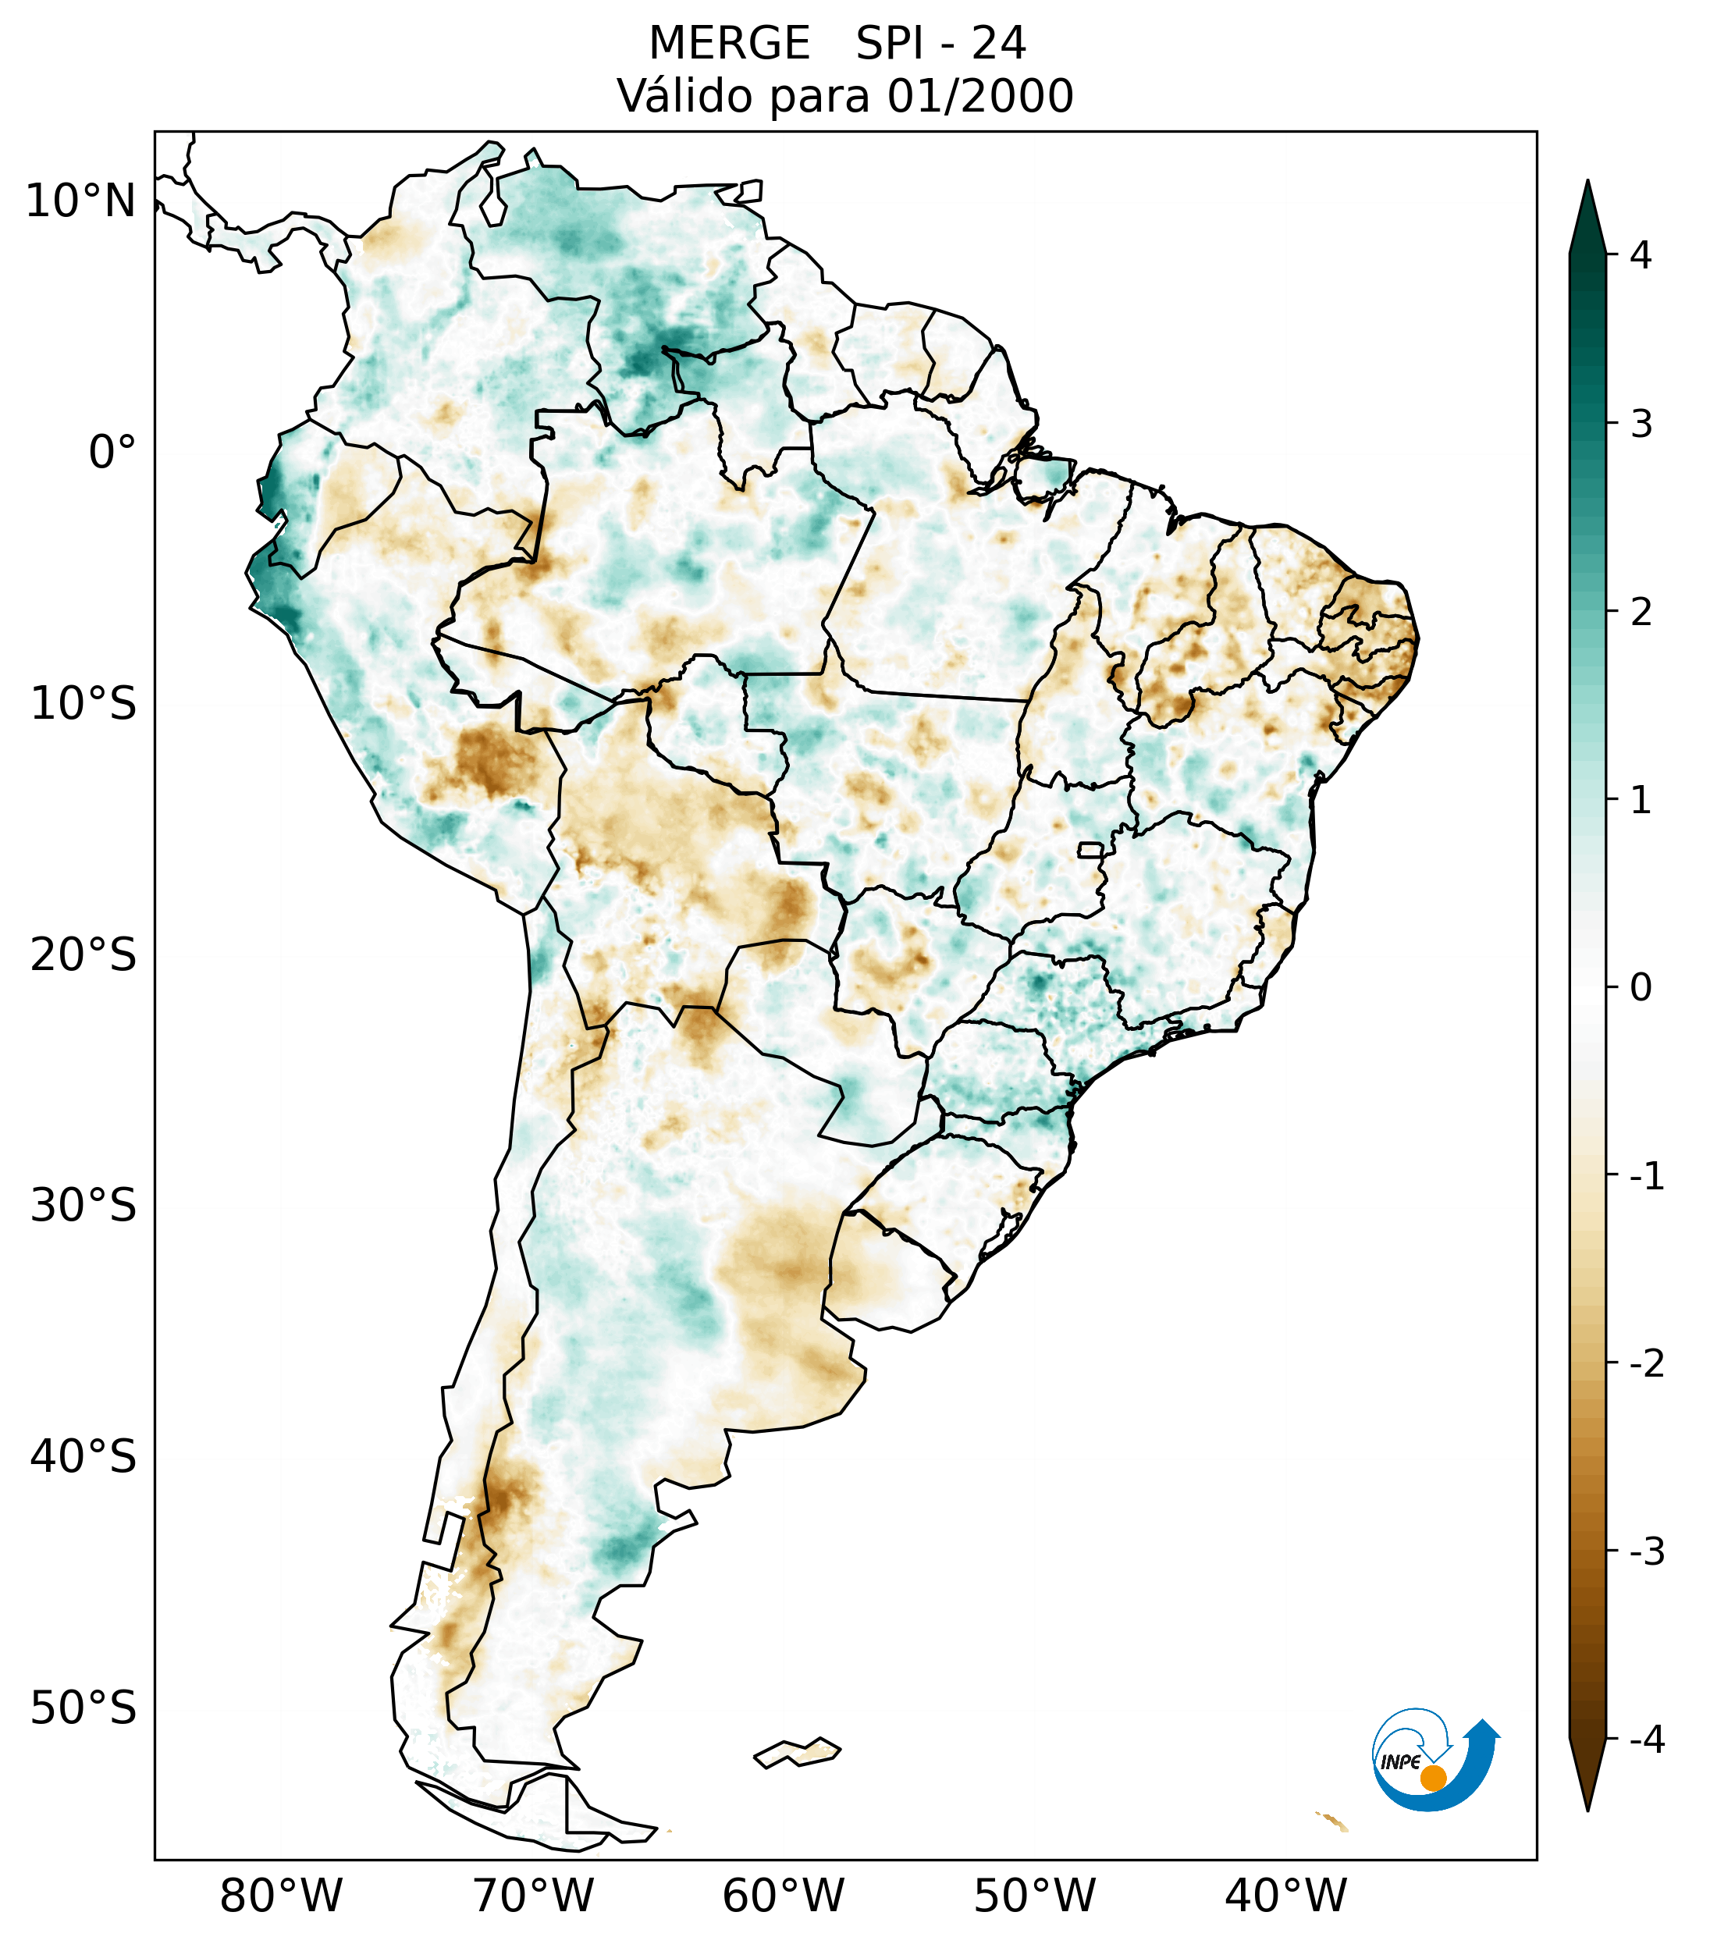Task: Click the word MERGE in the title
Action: click(x=728, y=44)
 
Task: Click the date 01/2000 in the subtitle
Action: click(x=979, y=96)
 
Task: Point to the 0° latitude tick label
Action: click(x=112, y=453)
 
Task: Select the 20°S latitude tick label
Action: click(x=83, y=955)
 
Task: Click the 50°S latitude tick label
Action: click(x=83, y=1708)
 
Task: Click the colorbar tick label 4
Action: click(x=1641, y=255)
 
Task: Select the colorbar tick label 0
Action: click(x=1641, y=988)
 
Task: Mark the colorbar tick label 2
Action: click(x=1641, y=613)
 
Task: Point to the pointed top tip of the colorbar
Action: click(x=1587, y=184)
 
